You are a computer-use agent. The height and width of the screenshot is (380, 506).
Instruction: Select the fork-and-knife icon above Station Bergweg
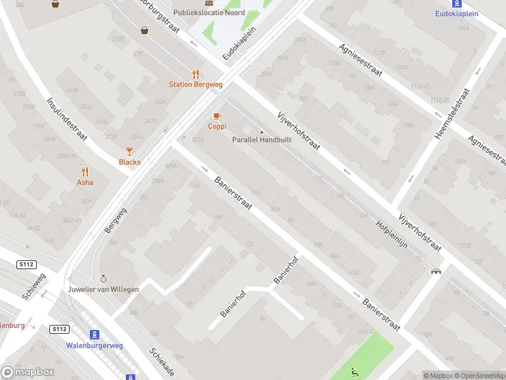click(196, 73)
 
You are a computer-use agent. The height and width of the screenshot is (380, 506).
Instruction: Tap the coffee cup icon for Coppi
click(217, 116)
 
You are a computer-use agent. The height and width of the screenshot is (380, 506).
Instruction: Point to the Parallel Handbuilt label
click(262, 140)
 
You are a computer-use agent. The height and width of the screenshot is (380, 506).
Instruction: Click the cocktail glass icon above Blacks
click(130, 151)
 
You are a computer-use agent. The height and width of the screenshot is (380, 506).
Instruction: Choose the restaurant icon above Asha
click(85, 171)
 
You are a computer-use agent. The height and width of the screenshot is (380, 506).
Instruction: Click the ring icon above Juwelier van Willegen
click(104, 279)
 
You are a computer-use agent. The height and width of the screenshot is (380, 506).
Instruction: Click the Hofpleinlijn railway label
click(397, 234)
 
